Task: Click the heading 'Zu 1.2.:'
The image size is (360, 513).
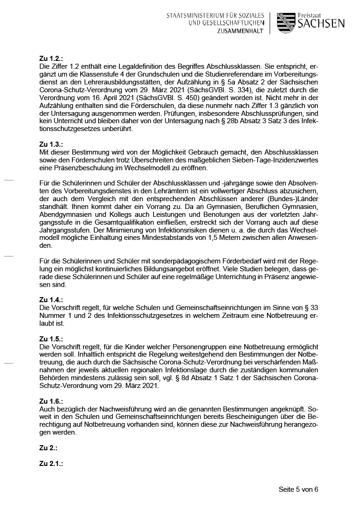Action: pyautogui.click(x=51, y=59)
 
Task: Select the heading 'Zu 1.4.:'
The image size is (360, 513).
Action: pyautogui.click(x=51, y=299)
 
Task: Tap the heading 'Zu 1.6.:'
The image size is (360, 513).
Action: pyautogui.click(x=51, y=402)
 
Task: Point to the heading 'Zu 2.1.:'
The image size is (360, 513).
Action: pyautogui.click(x=51, y=463)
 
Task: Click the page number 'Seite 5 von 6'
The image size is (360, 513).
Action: pyautogui.click(x=298, y=489)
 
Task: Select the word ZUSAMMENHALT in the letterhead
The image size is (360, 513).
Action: pyautogui.click(x=240, y=31)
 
